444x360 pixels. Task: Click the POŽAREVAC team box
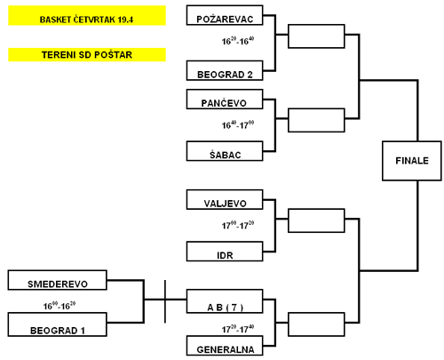(225, 15)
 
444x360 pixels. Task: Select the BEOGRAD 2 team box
(225, 70)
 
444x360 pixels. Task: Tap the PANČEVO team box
(225, 100)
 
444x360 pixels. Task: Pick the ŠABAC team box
(225, 151)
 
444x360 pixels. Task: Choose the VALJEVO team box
(225, 200)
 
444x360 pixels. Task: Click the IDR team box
(225, 252)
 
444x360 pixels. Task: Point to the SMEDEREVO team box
(58, 280)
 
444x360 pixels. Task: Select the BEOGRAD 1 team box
(58, 324)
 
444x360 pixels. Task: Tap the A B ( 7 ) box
(225, 301)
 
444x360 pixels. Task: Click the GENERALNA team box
(225, 346)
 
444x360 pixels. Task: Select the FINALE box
(412, 161)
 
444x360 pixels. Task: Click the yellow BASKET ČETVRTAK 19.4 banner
(87, 16)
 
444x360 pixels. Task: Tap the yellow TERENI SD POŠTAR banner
(87, 55)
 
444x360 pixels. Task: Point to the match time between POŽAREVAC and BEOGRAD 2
(238, 41)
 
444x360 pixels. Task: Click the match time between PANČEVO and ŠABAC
(238, 124)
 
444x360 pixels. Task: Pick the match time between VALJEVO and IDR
(238, 225)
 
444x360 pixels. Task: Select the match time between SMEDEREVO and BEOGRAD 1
(59, 306)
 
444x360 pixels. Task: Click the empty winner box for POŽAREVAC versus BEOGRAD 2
(316, 36)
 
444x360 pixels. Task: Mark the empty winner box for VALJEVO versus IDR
(316, 220)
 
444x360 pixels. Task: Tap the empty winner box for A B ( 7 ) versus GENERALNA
(316, 324)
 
